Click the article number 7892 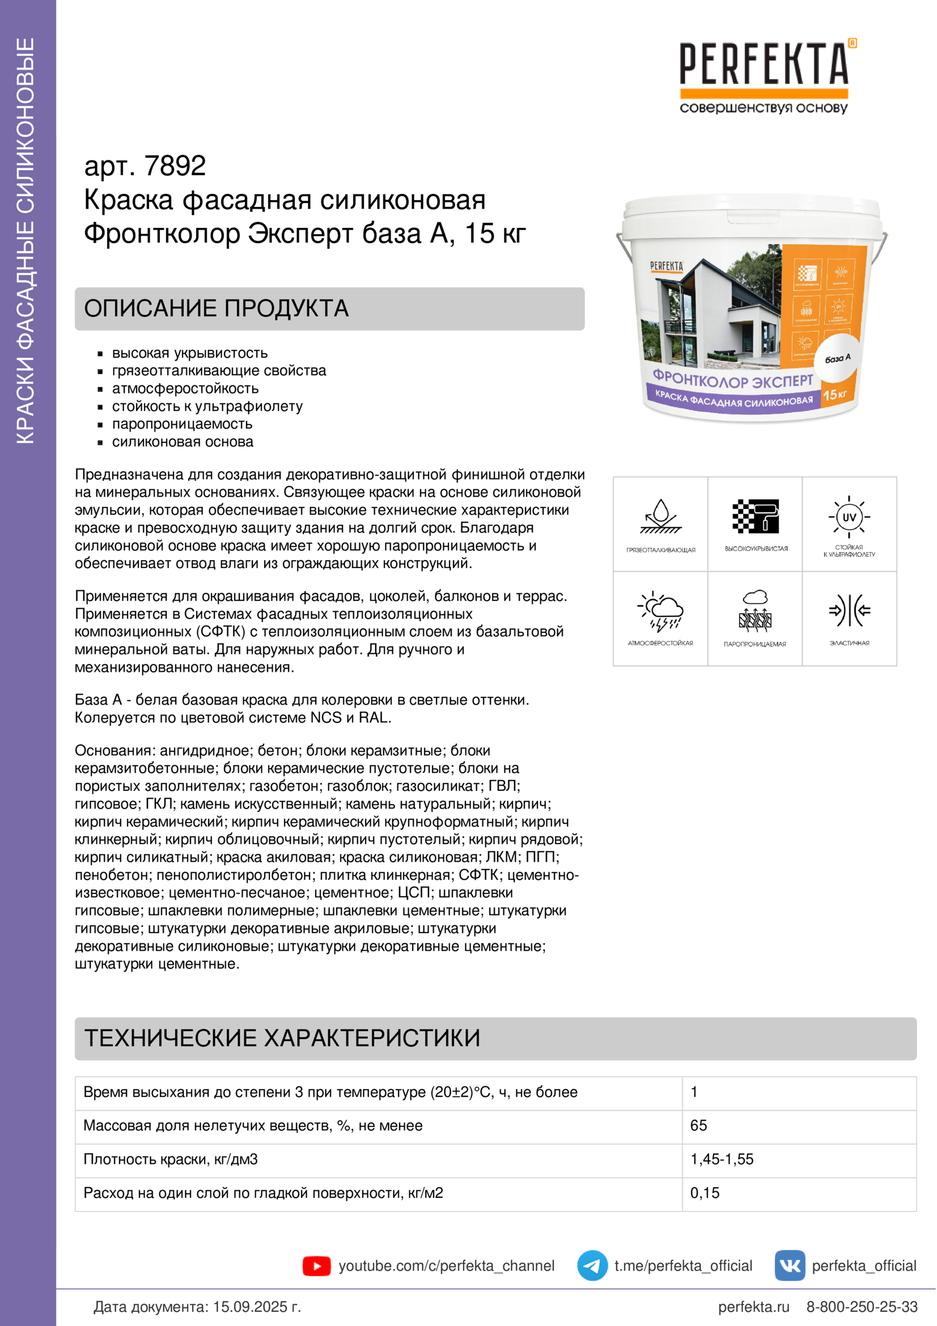coord(175,166)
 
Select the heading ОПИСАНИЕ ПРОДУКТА coord(217,308)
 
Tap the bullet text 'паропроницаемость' coord(182,424)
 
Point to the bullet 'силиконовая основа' coord(183,442)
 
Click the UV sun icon coord(849,517)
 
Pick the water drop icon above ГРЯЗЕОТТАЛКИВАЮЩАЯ coord(660,516)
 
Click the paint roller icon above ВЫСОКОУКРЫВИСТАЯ coord(755,516)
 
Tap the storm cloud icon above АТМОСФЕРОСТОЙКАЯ coord(660,611)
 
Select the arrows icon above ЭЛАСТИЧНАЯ coord(849,611)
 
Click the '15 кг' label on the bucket coord(834,395)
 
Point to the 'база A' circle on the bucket coord(837,359)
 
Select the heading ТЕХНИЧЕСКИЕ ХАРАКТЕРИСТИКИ coord(282,1038)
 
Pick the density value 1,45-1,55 coord(722,1159)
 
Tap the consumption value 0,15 coord(705,1193)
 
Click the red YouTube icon coord(316,1266)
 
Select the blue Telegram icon coord(592,1265)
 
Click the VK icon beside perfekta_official coord(790,1265)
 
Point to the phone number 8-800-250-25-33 coord(862,1306)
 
